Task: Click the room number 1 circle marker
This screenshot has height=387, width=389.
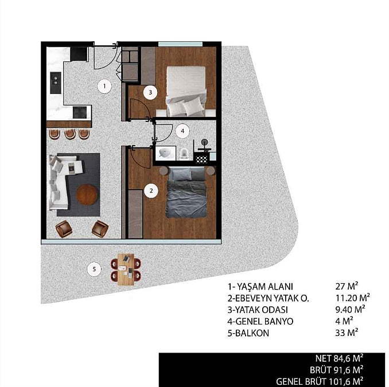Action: click(x=104, y=86)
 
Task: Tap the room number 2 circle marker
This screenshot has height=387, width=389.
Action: click(x=151, y=191)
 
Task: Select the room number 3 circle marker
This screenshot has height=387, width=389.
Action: click(x=150, y=92)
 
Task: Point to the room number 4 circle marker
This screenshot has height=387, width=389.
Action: click(x=182, y=131)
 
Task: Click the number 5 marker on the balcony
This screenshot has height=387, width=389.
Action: click(x=94, y=269)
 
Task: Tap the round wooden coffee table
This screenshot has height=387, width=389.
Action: click(x=87, y=194)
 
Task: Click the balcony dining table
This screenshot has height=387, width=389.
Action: click(x=126, y=269)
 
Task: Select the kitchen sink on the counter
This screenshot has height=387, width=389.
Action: click(x=56, y=83)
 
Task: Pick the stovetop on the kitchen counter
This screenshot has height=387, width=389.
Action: click(x=80, y=112)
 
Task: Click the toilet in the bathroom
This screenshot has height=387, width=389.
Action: click(x=184, y=154)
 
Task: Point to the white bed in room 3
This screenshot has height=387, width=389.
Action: click(x=186, y=91)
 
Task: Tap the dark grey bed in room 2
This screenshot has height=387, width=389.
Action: click(x=186, y=193)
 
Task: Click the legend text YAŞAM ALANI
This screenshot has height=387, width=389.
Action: click(x=265, y=287)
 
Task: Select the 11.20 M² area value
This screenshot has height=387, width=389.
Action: click(x=352, y=298)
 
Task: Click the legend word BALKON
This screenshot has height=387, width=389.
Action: click(x=252, y=333)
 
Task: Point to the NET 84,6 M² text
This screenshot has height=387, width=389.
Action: click(x=339, y=358)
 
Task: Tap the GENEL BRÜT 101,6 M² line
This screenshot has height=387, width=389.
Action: click(x=320, y=381)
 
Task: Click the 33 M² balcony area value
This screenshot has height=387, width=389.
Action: click(x=347, y=333)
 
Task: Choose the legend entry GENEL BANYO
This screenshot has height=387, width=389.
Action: click(x=260, y=321)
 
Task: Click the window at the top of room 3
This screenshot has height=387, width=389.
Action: click(x=180, y=44)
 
